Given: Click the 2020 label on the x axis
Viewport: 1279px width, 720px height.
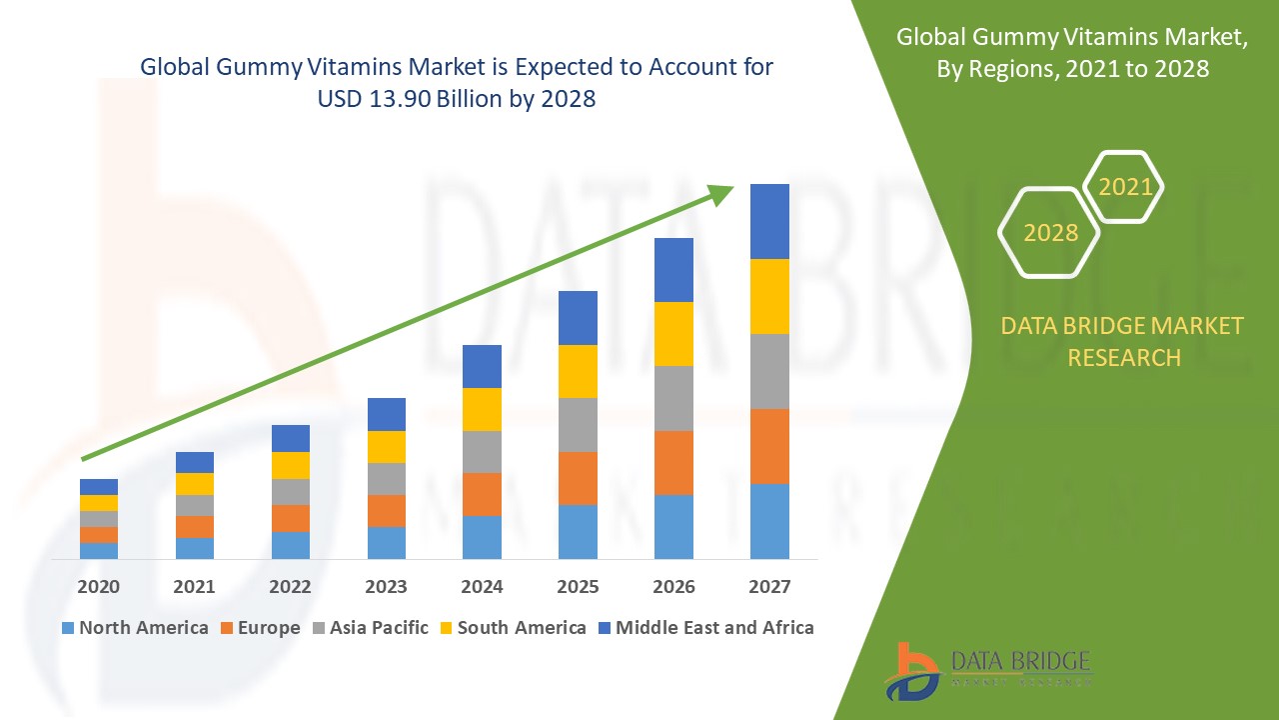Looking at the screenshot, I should click(99, 587).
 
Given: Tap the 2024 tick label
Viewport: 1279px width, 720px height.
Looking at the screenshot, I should click(482, 587).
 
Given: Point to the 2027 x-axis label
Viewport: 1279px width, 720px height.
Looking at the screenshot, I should click(769, 587).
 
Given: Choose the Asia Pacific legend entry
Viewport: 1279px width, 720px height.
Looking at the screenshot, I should click(371, 628).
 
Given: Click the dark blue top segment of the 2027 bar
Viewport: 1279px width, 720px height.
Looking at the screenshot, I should click(769, 221).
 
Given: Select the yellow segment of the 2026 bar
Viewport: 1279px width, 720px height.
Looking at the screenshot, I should click(673, 334).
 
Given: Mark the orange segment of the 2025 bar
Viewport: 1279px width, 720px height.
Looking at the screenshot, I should click(578, 478).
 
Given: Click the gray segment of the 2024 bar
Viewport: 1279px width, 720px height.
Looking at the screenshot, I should click(482, 452).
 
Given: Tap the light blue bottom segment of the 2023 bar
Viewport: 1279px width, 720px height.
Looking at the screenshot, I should click(387, 542).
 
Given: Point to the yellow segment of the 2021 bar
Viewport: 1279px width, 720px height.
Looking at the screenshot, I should click(195, 484).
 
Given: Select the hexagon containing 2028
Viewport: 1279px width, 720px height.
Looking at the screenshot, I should click(1049, 233).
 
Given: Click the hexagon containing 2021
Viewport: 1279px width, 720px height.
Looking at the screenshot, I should click(1124, 187).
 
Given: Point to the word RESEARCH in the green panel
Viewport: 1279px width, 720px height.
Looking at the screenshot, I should click(1123, 357).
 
